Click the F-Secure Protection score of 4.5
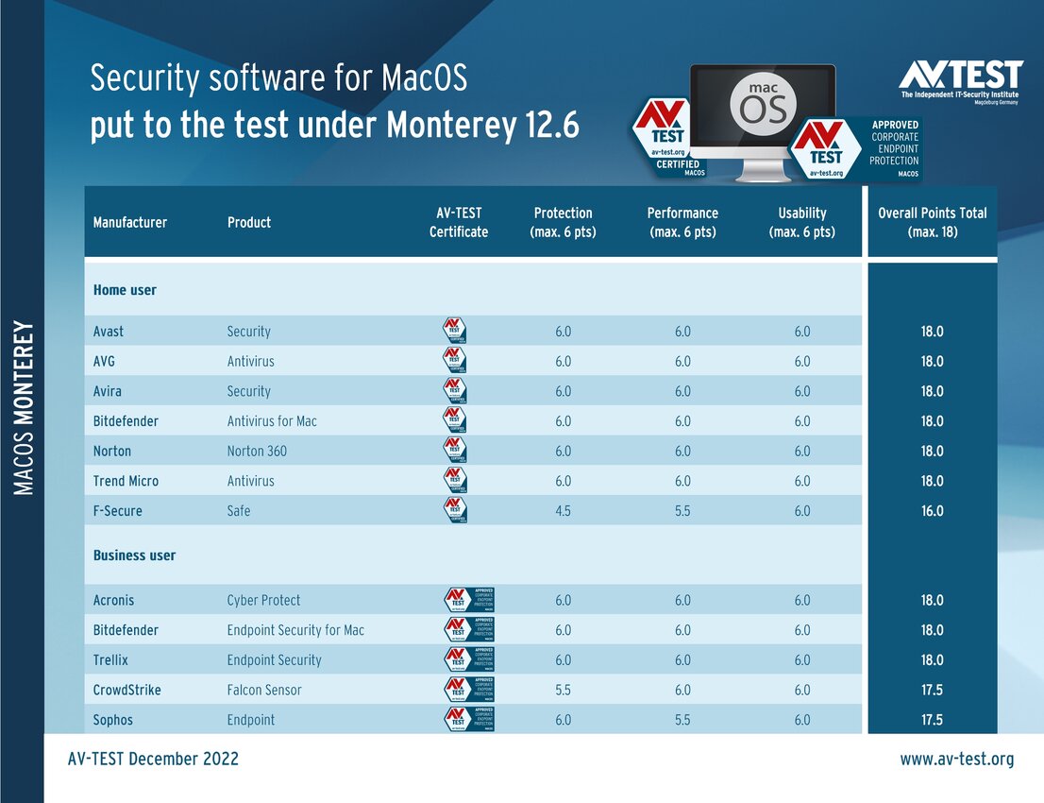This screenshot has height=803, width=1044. coord(563,511)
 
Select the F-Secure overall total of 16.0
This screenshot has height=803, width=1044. coord(932,511)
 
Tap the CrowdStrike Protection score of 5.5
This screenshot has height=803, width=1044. coord(563,690)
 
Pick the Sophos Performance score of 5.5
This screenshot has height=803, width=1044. coord(682,720)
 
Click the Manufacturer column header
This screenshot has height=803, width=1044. coord(130,222)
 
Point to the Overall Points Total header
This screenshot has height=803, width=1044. coord(932,222)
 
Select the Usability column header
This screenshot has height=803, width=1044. coord(801,222)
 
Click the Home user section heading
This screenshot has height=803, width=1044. coord(125,290)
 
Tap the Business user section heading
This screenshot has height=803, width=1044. coord(134,555)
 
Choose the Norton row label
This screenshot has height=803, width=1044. coord(112,451)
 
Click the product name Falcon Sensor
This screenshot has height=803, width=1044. coord(264,690)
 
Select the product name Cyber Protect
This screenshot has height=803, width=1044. coord(263,600)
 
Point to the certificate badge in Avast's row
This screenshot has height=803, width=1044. coord(455,331)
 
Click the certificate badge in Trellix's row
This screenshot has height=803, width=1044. coord(469,659)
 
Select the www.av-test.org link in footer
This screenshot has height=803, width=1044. coord(956,759)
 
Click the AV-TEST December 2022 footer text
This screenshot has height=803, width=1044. coord(153,759)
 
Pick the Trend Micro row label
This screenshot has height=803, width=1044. coord(126,481)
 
